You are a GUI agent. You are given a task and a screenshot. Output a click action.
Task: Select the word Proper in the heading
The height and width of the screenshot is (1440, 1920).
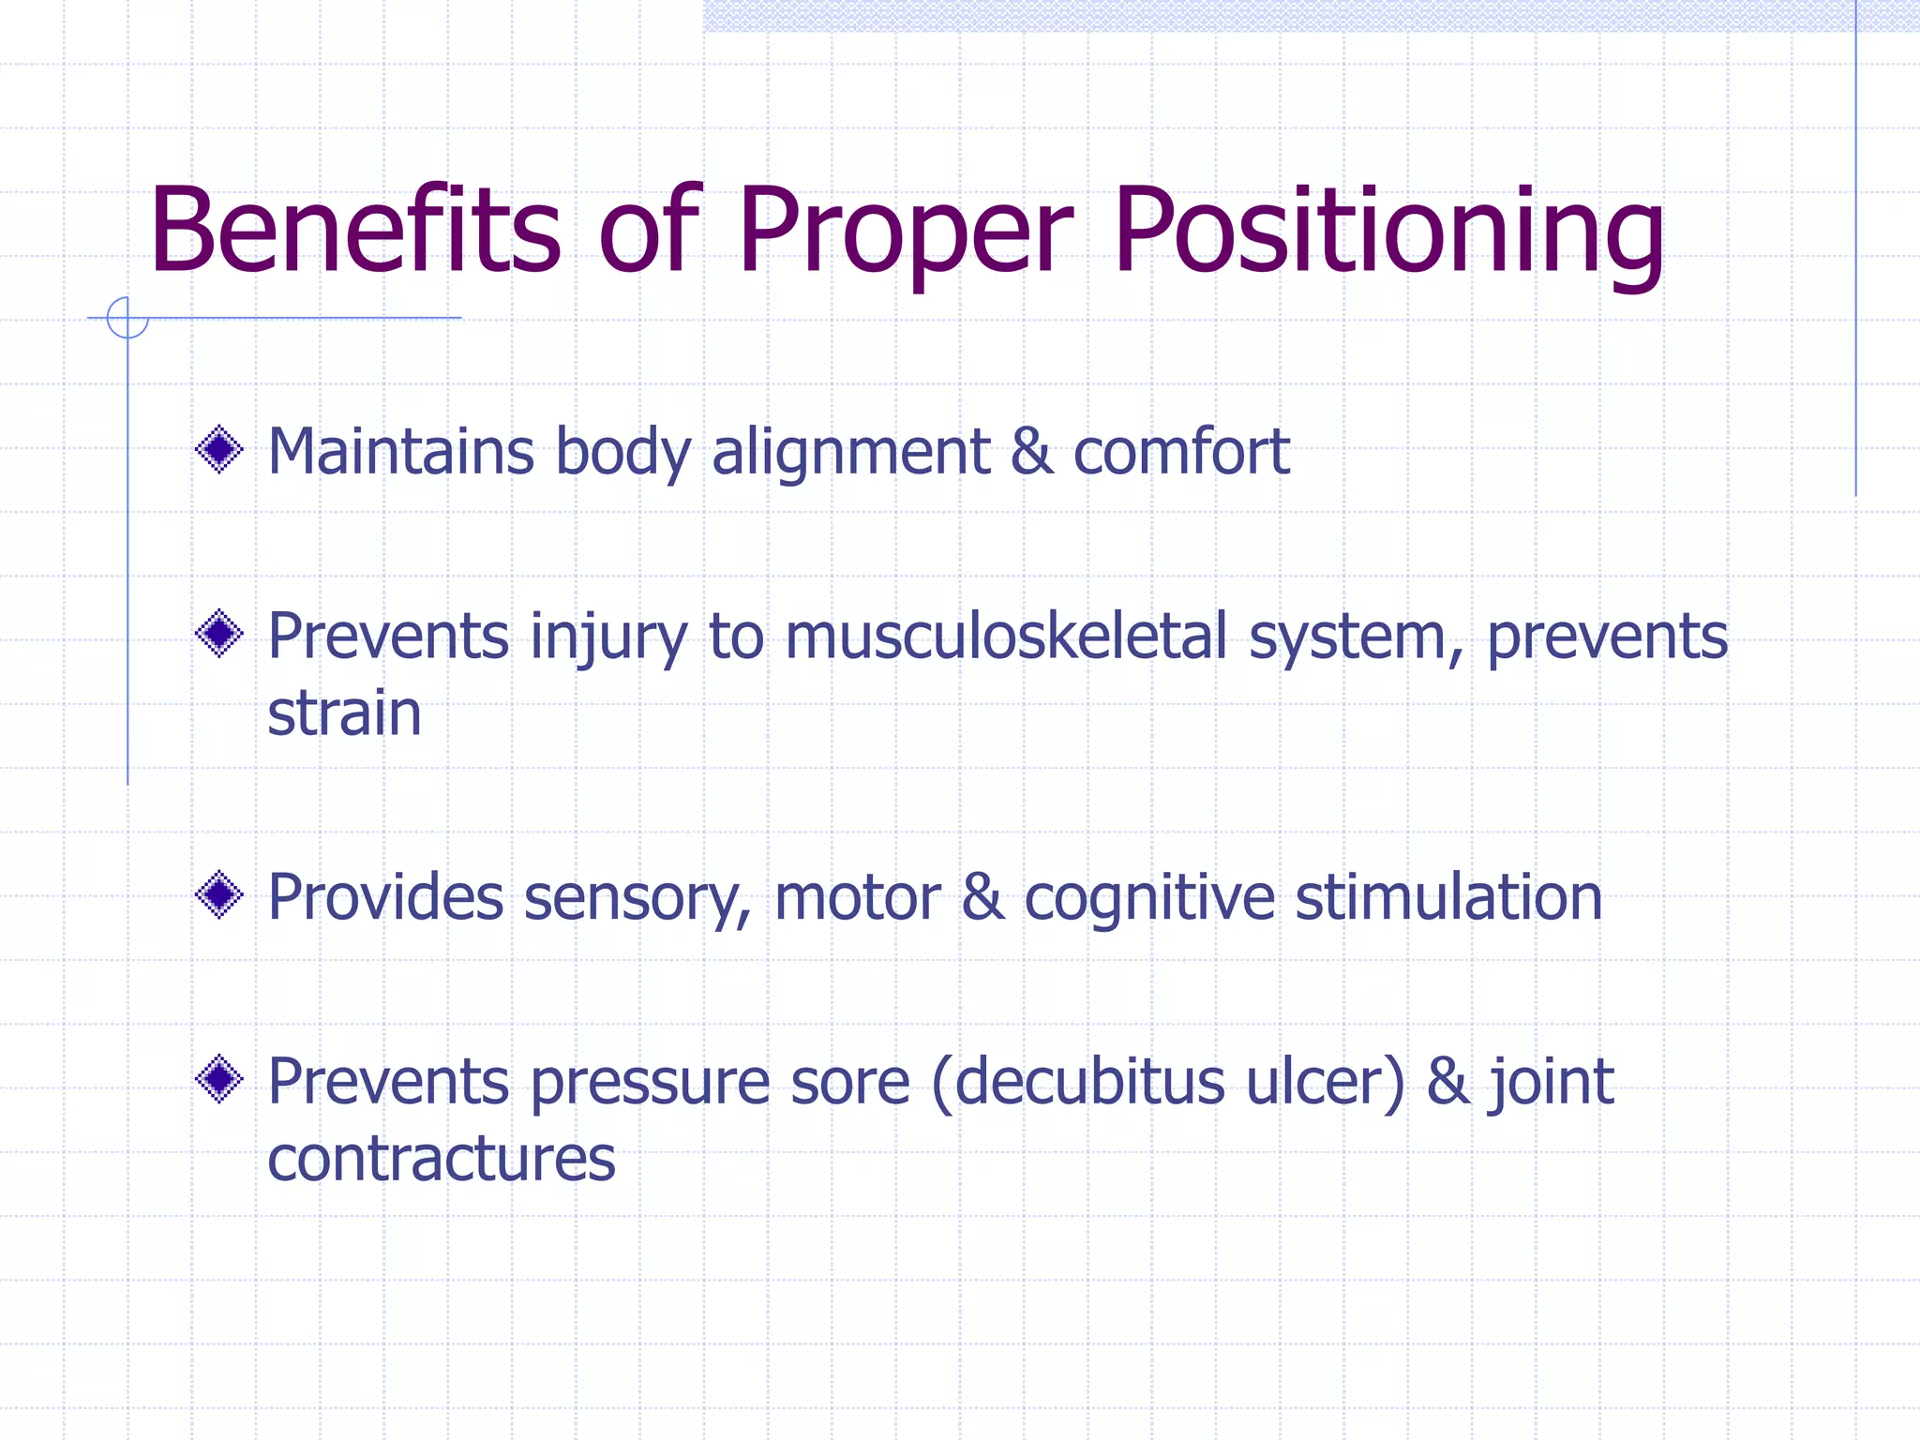904,234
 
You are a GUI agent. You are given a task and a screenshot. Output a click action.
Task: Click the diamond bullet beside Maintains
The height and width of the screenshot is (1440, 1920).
219,450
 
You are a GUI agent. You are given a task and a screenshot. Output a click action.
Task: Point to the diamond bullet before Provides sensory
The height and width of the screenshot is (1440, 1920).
219,895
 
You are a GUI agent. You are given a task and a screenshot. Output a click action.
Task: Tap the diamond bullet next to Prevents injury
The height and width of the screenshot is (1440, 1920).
219,635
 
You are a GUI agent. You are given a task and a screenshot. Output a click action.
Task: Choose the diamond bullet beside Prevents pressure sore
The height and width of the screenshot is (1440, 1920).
219,1080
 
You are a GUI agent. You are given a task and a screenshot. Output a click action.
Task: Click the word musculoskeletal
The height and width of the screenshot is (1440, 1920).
1006,637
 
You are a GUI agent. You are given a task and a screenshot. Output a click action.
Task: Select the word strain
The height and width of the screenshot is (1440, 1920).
344,713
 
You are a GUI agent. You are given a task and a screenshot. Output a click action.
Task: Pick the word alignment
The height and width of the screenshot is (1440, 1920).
850,453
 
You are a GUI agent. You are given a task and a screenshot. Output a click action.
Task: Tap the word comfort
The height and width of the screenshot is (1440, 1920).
1181,452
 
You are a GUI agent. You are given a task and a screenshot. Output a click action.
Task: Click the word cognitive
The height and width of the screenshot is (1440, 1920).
1149,899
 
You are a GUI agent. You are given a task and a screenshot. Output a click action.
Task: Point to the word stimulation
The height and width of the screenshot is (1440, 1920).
1448,897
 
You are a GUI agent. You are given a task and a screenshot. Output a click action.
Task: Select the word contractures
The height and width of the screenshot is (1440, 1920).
442,1159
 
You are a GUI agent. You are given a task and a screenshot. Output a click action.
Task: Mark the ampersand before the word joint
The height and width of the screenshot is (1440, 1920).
1448,1082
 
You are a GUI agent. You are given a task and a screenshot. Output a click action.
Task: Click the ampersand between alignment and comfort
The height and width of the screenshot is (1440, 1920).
1031,452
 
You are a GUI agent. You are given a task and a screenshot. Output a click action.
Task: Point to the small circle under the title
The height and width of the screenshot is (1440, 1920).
127,318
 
